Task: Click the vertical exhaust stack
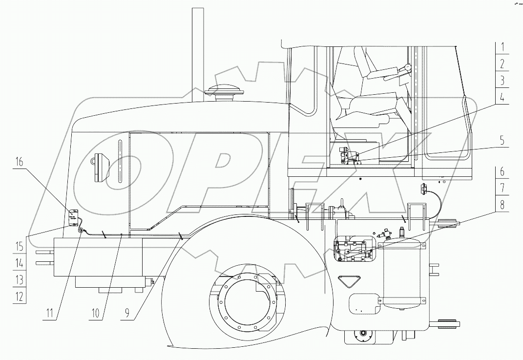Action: [197, 54]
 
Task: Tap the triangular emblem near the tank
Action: [349, 281]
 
